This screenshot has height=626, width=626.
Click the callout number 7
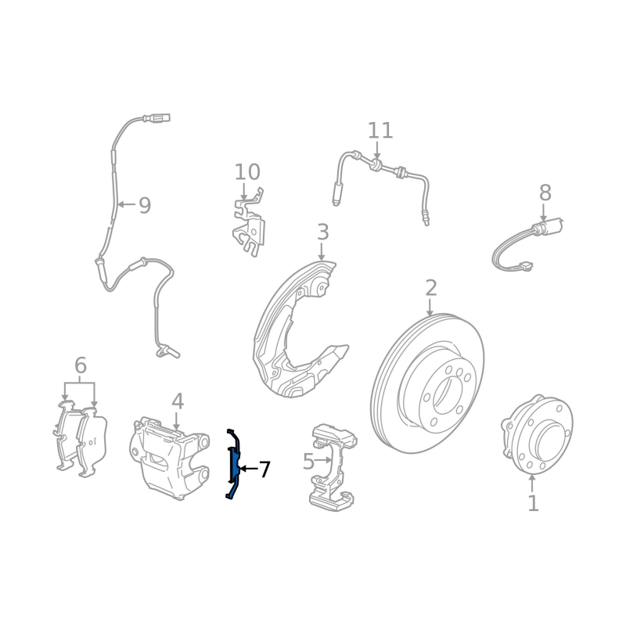[x=264, y=469]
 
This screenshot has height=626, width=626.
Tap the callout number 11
[x=380, y=131]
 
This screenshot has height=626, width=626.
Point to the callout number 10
[x=247, y=172]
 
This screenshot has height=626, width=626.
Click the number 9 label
[x=145, y=205]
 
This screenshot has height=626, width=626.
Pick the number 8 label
[x=545, y=192]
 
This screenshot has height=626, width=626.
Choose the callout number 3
[x=322, y=232]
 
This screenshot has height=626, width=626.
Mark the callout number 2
[x=431, y=287]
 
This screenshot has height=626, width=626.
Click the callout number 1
[x=533, y=503]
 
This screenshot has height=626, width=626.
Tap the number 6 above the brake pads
[x=81, y=365]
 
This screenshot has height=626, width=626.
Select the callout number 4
[x=178, y=401]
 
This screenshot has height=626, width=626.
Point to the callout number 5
[x=308, y=462]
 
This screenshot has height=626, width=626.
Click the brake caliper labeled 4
[x=169, y=457]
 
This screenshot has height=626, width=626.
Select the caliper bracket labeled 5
[x=333, y=467]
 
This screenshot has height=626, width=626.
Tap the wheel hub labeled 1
[x=537, y=434]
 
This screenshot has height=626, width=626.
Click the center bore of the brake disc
[x=448, y=395]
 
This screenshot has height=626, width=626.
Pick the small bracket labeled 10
[x=249, y=224]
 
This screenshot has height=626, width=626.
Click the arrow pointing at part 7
[x=248, y=469]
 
